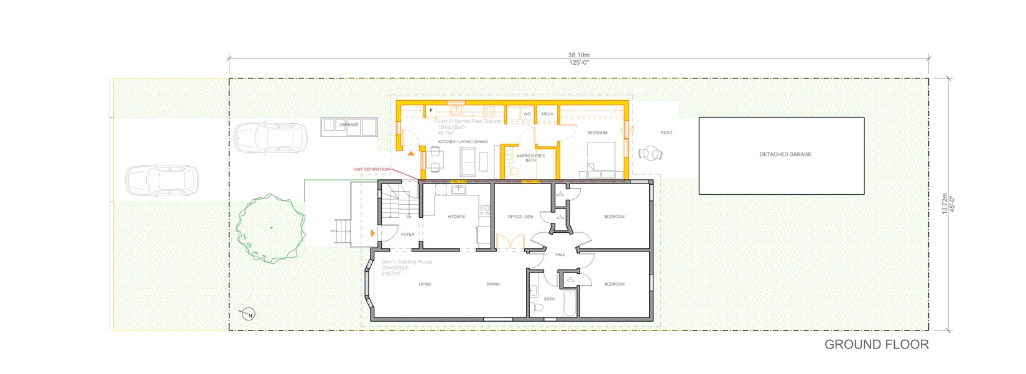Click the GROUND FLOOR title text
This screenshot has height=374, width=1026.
(x=876, y=344)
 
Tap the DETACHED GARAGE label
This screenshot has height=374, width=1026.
(x=785, y=154)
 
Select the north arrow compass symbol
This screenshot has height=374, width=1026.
(x=249, y=314)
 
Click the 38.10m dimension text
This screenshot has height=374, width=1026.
(x=578, y=55)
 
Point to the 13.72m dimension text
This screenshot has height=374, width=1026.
(x=945, y=203)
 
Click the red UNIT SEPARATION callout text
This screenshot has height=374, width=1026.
(x=371, y=169)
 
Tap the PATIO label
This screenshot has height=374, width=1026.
(x=666, y=133)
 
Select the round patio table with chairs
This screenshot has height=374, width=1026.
(x=650, y=153)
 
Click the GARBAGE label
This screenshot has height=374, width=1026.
(x=349, y=125)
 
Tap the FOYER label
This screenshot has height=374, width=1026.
(x=407, y=235)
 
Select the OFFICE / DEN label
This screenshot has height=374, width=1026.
(x=520, y=217)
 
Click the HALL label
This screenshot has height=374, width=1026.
(x=560, y=255)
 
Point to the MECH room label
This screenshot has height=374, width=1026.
(x=547, y=115)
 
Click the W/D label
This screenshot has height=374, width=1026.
(x=527, y=115)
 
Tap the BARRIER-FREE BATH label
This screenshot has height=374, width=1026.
(x=530, y=158)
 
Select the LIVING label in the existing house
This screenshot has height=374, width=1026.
(x=425, y=284)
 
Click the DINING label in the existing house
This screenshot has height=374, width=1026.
(x=493, y=284)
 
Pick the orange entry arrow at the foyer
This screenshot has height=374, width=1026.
(x=372, y=233)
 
